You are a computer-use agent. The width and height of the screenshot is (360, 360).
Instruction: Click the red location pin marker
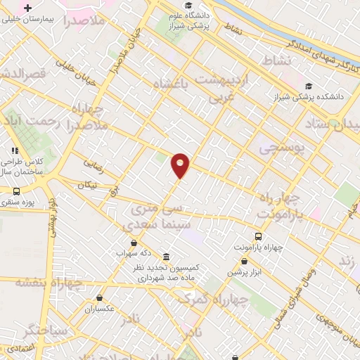(x=181, y=165)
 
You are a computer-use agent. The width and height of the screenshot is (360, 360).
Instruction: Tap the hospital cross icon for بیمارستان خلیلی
(x=27, y=8)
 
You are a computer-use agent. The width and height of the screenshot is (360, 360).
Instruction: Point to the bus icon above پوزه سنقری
(x=16, y=191)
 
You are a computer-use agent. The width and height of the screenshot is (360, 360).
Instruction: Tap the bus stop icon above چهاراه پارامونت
(x=258, y=236)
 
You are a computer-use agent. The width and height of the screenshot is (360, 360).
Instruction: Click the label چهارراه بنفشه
(x=49, y=282)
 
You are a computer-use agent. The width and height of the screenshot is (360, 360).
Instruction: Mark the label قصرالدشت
(x=22, y=72)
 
